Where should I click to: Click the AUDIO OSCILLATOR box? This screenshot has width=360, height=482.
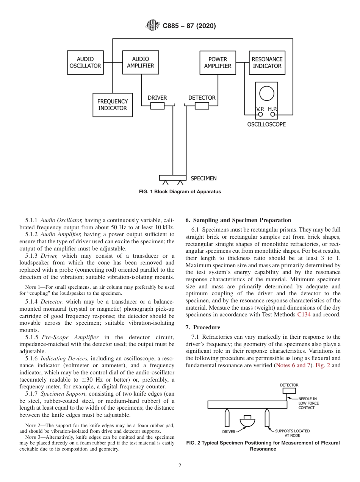tap(85, 63)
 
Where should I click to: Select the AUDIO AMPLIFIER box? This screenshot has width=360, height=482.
tap(141, 63)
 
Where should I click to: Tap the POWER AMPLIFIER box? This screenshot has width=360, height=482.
tap(218, 63)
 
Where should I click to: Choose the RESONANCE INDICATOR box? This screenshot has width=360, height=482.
tap(267, 63)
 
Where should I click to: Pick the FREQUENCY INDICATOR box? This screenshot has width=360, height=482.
tap(113, 105)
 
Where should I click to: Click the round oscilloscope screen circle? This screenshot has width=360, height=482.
tap(267, 93)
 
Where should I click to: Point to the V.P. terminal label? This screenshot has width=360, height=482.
tap(260, 109)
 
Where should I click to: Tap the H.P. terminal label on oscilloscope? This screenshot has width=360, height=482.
tap(272, 109)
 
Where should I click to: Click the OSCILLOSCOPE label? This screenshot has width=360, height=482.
tap(266, 124)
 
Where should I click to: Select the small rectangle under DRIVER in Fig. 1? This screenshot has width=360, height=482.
tap(157, 106)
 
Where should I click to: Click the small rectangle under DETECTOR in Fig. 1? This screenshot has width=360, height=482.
tap(202, 106)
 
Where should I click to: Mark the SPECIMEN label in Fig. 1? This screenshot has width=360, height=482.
tap(203, 178)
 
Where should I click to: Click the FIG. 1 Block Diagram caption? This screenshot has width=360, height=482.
tap(180, 192)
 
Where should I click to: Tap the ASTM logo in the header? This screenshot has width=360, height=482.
tap(152, 26)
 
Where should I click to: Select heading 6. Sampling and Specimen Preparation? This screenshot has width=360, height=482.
tap(238, 220)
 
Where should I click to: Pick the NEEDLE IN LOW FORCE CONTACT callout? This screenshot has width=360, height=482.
tap(308, 403)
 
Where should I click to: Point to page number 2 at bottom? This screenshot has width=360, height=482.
tap(180, 466)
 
